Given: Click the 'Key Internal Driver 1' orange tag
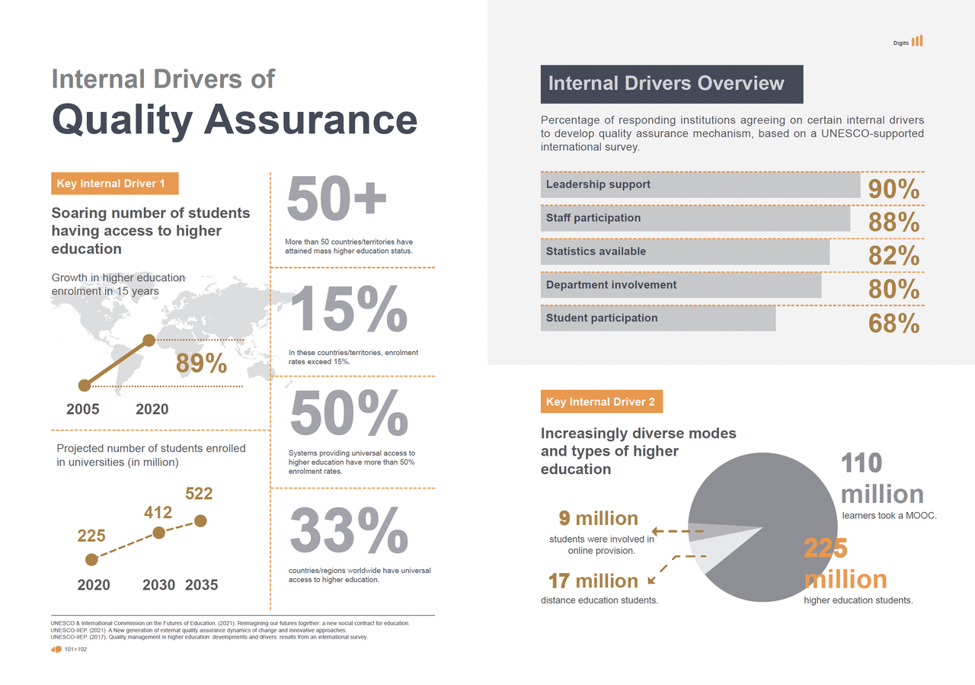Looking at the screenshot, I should click(x=115, y=184).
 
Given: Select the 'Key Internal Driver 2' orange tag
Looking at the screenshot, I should click(x=601, y=402).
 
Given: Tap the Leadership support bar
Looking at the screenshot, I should click(x=700, y=185).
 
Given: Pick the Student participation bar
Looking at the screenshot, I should click(x=657, y=318).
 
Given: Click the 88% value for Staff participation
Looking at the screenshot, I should click(x=893, y=222).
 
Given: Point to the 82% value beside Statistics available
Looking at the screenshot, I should click(x=893, y=256).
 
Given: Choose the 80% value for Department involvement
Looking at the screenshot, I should click(x=893, y=290).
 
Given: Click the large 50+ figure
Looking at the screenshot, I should click(x=337, y=200).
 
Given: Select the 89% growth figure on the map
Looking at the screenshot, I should click(x=201, y=364).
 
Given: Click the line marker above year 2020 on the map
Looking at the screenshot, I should click(x=149, y=340).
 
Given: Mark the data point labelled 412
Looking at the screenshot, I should click(x=158, y=533).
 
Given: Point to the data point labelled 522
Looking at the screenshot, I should click(x=200, y=520).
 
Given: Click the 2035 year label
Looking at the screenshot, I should click(x=201, y=585).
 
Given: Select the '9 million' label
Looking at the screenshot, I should click(x=598, y=519).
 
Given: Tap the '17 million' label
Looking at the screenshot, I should click(x=593, y=581).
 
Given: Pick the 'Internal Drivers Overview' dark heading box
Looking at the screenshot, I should click(x=671, y=84).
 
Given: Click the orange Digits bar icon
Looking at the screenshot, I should click(x=917, y=41).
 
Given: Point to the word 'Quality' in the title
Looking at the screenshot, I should click(x=123, y=120).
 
